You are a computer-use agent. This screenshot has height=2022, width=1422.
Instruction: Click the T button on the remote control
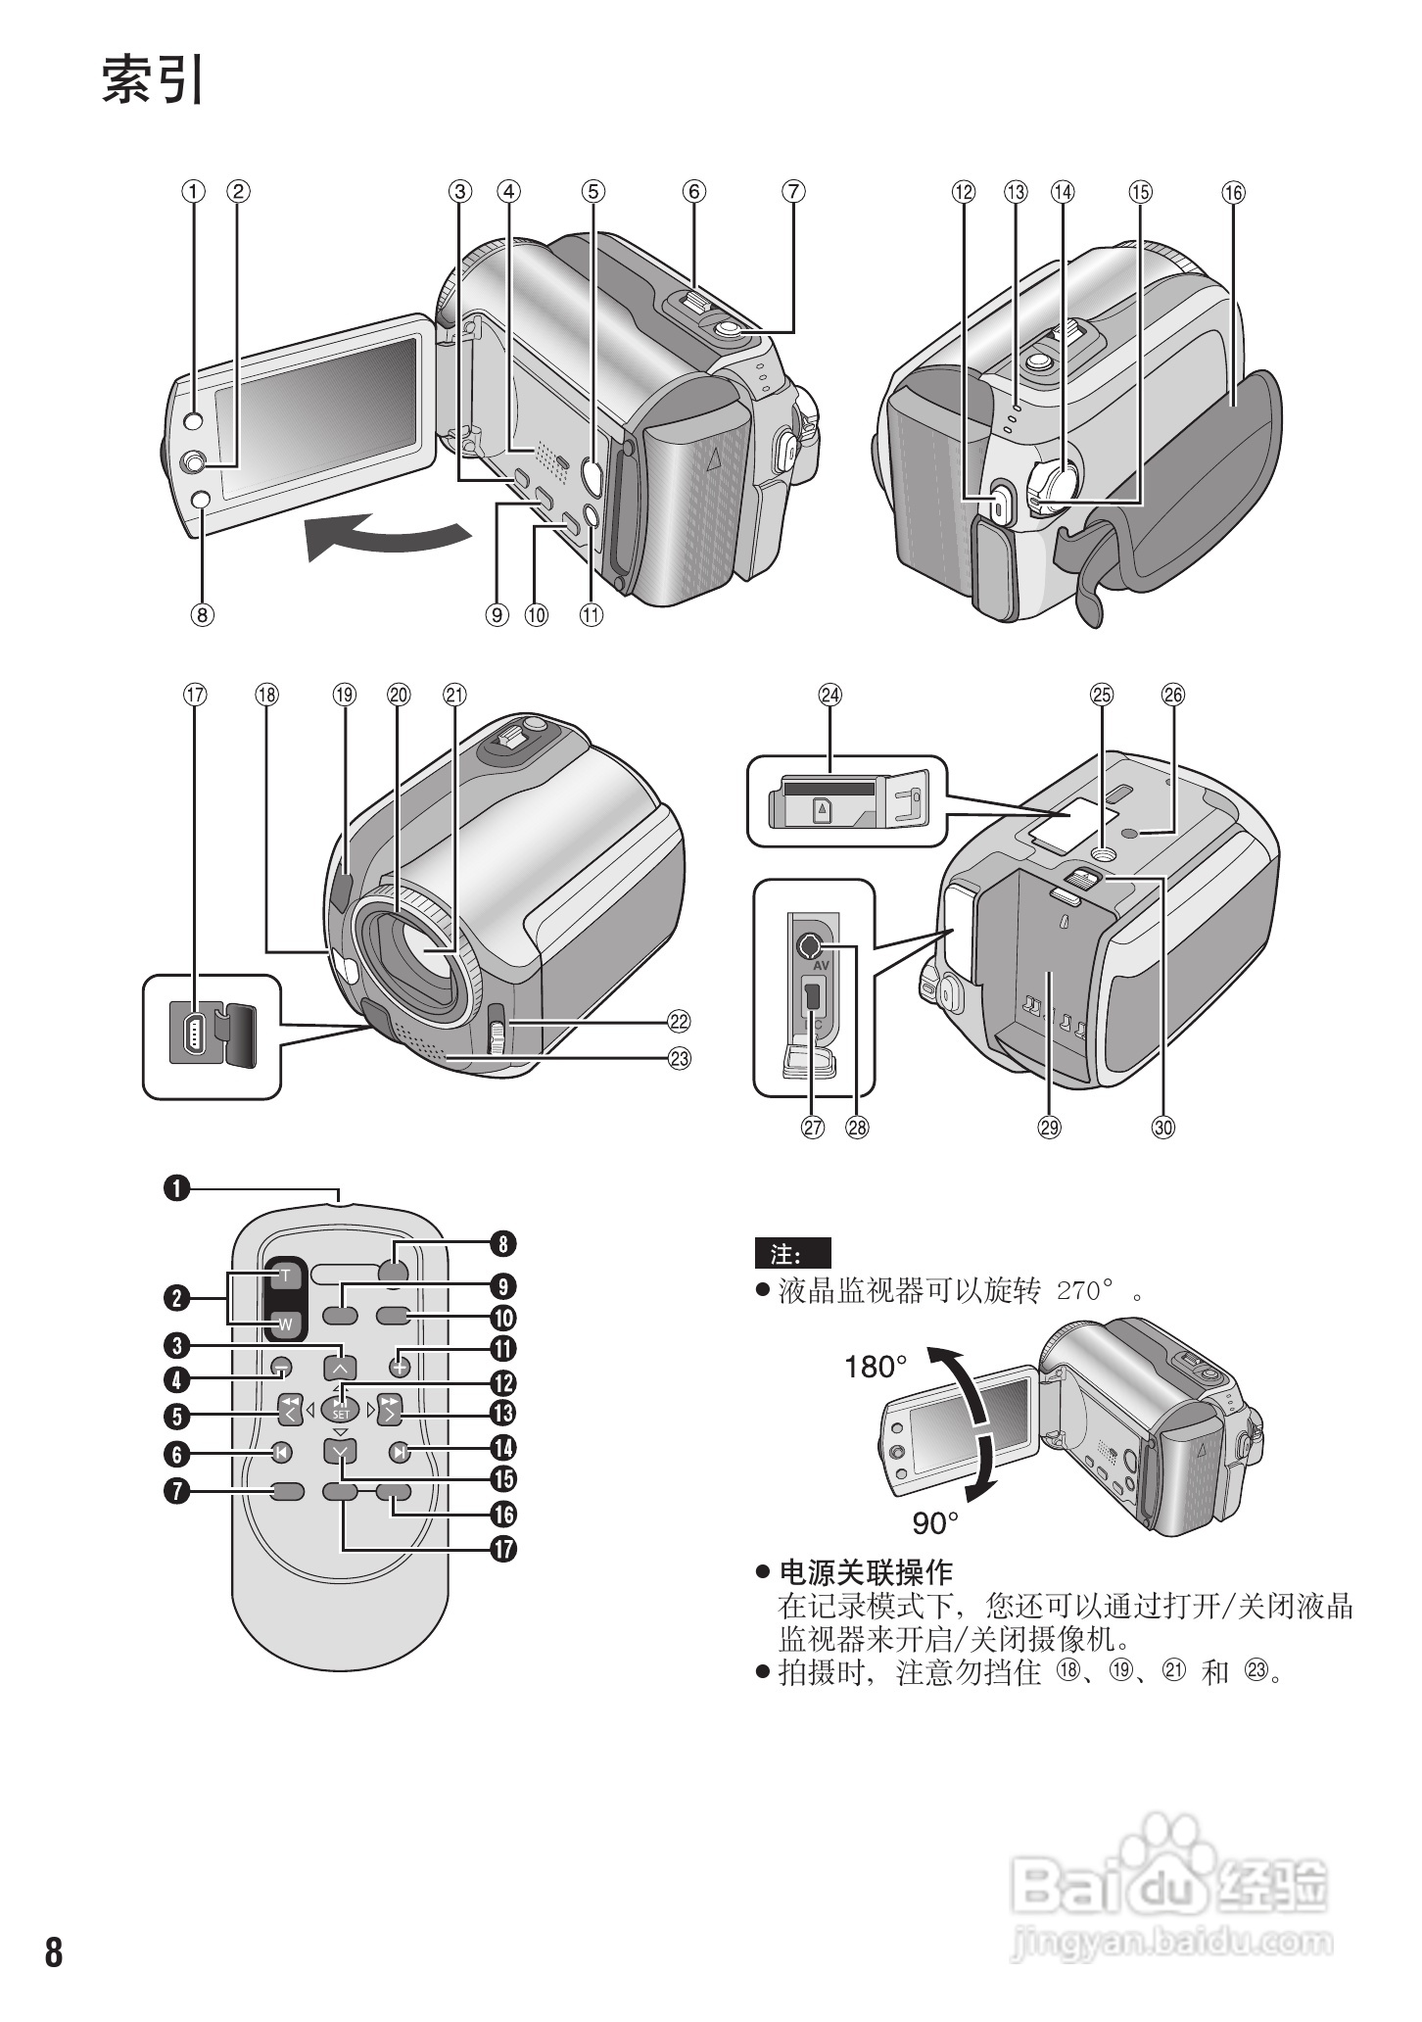[285, 1276]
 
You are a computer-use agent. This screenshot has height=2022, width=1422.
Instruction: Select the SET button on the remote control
[340, 1412]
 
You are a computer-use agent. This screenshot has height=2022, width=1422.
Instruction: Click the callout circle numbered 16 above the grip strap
[1233, 192]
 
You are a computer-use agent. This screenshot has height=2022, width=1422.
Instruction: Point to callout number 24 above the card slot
[830, 695]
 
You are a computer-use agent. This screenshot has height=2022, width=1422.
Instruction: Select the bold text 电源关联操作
[865, 1572]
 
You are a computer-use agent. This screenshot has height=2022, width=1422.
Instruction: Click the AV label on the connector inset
[822, 965]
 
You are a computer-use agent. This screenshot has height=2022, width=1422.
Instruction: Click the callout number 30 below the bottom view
[1162, 1128]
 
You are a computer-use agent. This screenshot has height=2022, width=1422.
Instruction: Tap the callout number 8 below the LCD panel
[201, 615]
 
